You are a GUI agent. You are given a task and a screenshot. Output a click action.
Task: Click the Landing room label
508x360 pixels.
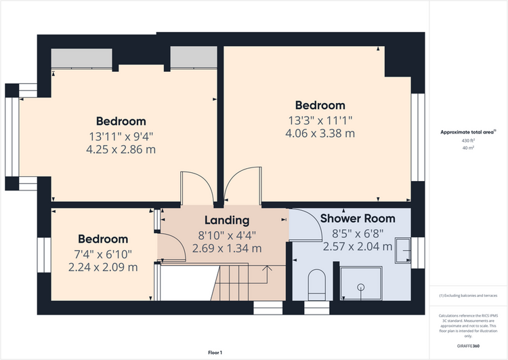(x=227, y=220)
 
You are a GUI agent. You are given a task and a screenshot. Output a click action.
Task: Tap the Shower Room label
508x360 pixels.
(x=358, y=218)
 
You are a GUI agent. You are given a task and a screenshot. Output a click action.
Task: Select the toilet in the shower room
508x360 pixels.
(x=316, y=285)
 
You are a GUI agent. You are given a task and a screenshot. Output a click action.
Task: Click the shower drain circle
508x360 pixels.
(x=360, y=287)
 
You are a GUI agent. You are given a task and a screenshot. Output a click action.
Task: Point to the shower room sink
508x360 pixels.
(x=403, y=250)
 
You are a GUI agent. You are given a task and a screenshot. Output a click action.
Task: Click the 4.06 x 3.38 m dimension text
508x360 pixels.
(x=320, y=134)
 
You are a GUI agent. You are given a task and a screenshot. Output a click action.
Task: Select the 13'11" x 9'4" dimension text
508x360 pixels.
(x=121, y=136)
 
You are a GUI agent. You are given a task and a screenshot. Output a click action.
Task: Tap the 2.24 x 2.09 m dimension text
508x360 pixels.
(x=103, y=267)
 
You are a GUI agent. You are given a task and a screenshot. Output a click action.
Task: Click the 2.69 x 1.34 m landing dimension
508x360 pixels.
(x=227, y=248)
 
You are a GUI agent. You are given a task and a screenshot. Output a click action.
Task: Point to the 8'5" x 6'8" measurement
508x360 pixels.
(x=358, y=233)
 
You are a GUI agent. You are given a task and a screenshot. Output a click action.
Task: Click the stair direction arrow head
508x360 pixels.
(x=268, y=268)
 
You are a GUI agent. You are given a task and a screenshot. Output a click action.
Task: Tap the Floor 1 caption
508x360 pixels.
(x=215, y=353)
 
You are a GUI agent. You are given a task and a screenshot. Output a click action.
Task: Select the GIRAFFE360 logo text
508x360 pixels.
(x=468, y=346)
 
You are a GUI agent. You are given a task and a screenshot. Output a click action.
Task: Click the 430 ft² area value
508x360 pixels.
(x=468, y=141)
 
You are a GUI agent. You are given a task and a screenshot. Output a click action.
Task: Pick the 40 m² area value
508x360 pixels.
(x=468, y=148)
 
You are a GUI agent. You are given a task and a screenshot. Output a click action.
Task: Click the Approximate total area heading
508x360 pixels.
(x=467, y=132)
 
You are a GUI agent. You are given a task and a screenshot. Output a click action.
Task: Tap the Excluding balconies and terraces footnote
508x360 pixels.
(x=468, y=296)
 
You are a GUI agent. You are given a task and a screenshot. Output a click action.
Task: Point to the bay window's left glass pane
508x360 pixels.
(x=12, y=137)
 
